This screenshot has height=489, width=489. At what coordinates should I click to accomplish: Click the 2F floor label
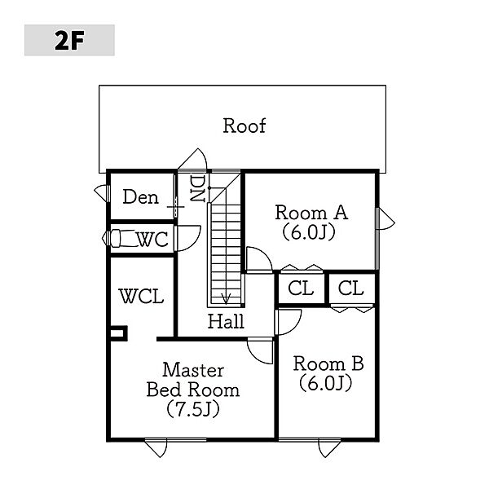(69, 40)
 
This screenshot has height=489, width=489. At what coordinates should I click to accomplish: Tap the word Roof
(244, 126)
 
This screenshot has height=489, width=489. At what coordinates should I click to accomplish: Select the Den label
(140, 197)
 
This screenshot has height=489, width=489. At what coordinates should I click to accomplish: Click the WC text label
(152, 240)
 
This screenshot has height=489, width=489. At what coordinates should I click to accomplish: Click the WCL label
(142, 296)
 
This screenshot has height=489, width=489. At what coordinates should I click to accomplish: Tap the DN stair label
(196, 189)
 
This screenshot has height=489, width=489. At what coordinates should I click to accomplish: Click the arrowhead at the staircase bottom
(227, 297)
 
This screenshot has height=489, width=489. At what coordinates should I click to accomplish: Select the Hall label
(226, 321)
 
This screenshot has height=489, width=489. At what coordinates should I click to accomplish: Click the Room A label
(311, 213)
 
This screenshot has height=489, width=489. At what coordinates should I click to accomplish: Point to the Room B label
(328, 363)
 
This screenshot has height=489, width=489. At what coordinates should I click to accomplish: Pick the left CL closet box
(301, 289)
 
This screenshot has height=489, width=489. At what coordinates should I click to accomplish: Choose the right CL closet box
(350, 289)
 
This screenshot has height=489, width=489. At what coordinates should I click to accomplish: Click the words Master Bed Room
(193, 379)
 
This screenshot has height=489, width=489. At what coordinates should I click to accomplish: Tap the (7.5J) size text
(193, 408)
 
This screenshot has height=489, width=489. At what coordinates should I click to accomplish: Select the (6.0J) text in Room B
(326, 382)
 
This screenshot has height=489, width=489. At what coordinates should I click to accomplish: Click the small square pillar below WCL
(118, 333)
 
